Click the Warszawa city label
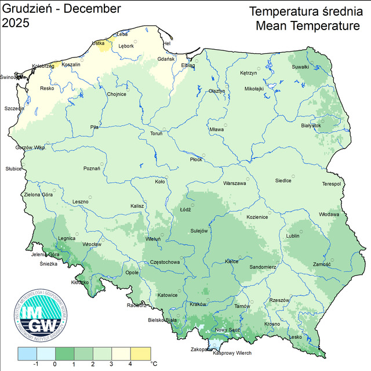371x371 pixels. (235, 184)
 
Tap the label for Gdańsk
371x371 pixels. (166, 59)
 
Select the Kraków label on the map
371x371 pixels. (198, 304)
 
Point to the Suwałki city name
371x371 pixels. (300, 67)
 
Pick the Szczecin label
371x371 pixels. (14, 108)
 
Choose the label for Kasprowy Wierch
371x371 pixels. (232, 354)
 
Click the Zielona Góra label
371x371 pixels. (38, 195)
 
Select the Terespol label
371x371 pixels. (332, 184)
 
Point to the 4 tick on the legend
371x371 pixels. (130, 364)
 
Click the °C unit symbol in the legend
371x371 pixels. (154, 363)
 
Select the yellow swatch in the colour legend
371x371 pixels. (140, 353)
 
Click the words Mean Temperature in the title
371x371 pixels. (307, 26)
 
